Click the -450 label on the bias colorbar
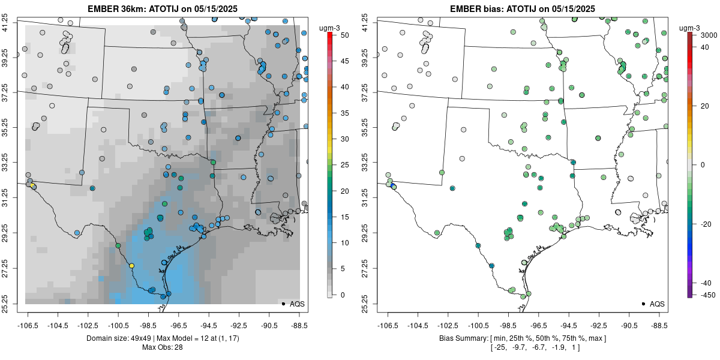(704, 295)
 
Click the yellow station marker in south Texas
(131, 265)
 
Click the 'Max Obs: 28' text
(162, 347)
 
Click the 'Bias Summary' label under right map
(462, 338)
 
